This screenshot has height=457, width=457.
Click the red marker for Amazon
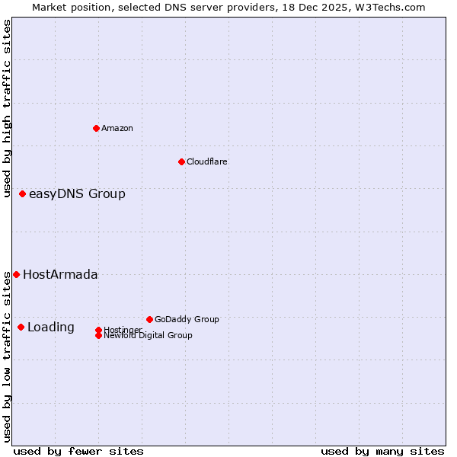96,128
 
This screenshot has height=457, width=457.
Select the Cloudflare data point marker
181,161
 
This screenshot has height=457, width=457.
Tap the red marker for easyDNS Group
22,193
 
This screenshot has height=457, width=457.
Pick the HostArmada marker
16,274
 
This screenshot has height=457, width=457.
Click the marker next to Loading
21,327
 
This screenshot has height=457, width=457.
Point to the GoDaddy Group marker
149,319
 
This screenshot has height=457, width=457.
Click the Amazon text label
117,128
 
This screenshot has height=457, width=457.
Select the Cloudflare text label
206,161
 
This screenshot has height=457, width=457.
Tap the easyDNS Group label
77,193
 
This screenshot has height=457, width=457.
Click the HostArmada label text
60,274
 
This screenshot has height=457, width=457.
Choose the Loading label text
51,328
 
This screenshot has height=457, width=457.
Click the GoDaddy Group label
187,319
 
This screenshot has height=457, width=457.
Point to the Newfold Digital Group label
148,335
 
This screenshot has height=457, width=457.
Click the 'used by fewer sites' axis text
78,451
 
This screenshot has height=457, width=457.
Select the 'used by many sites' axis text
382,451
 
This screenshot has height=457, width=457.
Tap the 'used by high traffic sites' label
7,108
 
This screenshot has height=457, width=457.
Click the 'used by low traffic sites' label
7,356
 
